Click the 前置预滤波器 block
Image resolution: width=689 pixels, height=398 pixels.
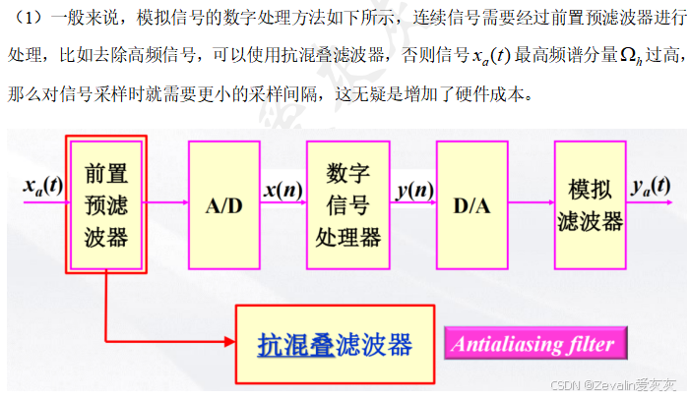pyautogui.click(x=106, y=204)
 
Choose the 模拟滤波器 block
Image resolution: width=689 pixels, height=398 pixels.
pyautogui.click(x=590, y=204)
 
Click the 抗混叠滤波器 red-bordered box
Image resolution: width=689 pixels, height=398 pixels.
pyautogui.click(x=335, y=344)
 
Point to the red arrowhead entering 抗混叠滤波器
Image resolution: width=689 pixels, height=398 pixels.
pyautogui.click(x=228, y=343)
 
